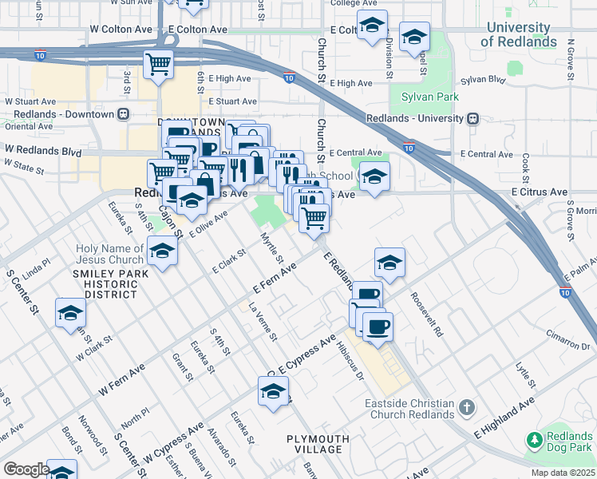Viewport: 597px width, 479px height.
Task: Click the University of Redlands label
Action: click(520, 35)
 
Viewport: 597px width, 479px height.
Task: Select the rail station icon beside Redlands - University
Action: click(473, 118)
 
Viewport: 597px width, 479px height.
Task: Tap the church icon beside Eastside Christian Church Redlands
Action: click(467, 409)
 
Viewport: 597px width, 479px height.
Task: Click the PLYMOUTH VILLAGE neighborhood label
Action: click(318, 444)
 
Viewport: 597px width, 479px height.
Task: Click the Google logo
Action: click(26, 469)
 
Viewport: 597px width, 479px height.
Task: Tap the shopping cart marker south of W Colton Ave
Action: click(159, 63)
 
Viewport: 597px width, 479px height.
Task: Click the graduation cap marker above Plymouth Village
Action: click(273, 392)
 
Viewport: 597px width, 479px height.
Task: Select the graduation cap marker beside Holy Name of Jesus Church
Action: click(162, 253)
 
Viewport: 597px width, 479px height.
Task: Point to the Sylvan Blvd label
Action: click(484, 80)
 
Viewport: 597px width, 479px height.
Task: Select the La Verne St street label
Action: click(263, 322)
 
